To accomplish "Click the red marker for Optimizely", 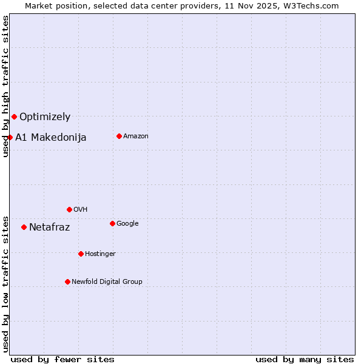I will tap(14, 116).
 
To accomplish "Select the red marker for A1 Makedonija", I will tap(10, 137).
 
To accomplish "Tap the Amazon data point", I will tap(119, 136).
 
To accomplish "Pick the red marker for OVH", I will tap(69, 209).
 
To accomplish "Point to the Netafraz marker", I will tap(24, 227).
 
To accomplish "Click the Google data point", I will tap(112, 223).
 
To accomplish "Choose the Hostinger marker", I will tap(81, 254).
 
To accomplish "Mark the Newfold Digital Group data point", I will tap(67, 281).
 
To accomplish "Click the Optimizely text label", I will tap(45, 117).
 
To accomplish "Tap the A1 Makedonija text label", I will tap(51, 138).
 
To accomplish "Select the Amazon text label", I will tap(136, 136).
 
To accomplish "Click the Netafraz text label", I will tap(50, 227).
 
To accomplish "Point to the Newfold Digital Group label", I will tap(107, 282).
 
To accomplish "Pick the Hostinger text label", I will tap(100, 254).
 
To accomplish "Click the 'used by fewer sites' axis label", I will tap(62, 359).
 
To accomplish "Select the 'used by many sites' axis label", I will tap(305, 359).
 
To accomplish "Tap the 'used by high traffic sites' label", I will tap(5, 86).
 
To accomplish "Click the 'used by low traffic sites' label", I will tap(5, 283).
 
